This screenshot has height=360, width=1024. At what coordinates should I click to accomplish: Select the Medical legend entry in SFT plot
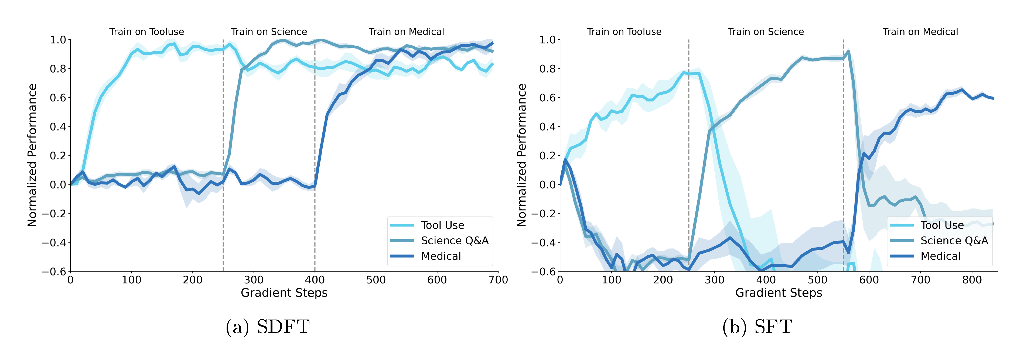[940, 256]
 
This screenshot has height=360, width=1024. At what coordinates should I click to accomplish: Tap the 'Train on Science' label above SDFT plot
[269, 32]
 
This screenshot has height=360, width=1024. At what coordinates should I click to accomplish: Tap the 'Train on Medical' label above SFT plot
[920, 32]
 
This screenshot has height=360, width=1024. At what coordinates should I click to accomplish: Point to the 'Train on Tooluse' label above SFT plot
[624, 32]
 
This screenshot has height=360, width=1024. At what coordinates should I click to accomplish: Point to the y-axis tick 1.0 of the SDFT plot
[58, 40]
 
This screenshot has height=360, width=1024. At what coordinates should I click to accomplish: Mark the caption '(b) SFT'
[757, 327]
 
